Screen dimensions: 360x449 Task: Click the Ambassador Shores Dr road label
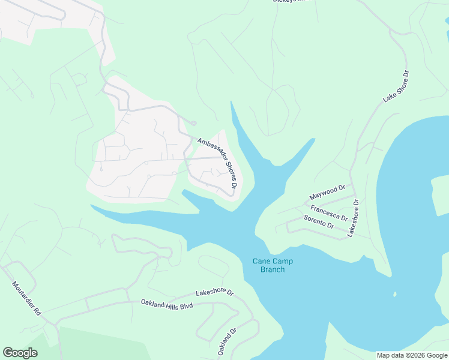click(x=218, y=161)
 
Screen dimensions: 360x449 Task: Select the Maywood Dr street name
click(x=327, y=193)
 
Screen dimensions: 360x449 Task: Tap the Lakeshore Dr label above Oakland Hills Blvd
click(x=214, y=292)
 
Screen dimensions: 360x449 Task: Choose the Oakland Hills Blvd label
click(x=167, y=305)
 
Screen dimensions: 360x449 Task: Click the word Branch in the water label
click(x=273, y=269)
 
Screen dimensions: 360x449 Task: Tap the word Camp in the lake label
click(x=283, y=261)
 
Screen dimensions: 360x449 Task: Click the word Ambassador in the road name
click(x=209, y=152)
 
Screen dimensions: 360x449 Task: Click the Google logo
click(x=20, y=353)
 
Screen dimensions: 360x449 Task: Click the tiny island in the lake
click(x=394, y=294)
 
